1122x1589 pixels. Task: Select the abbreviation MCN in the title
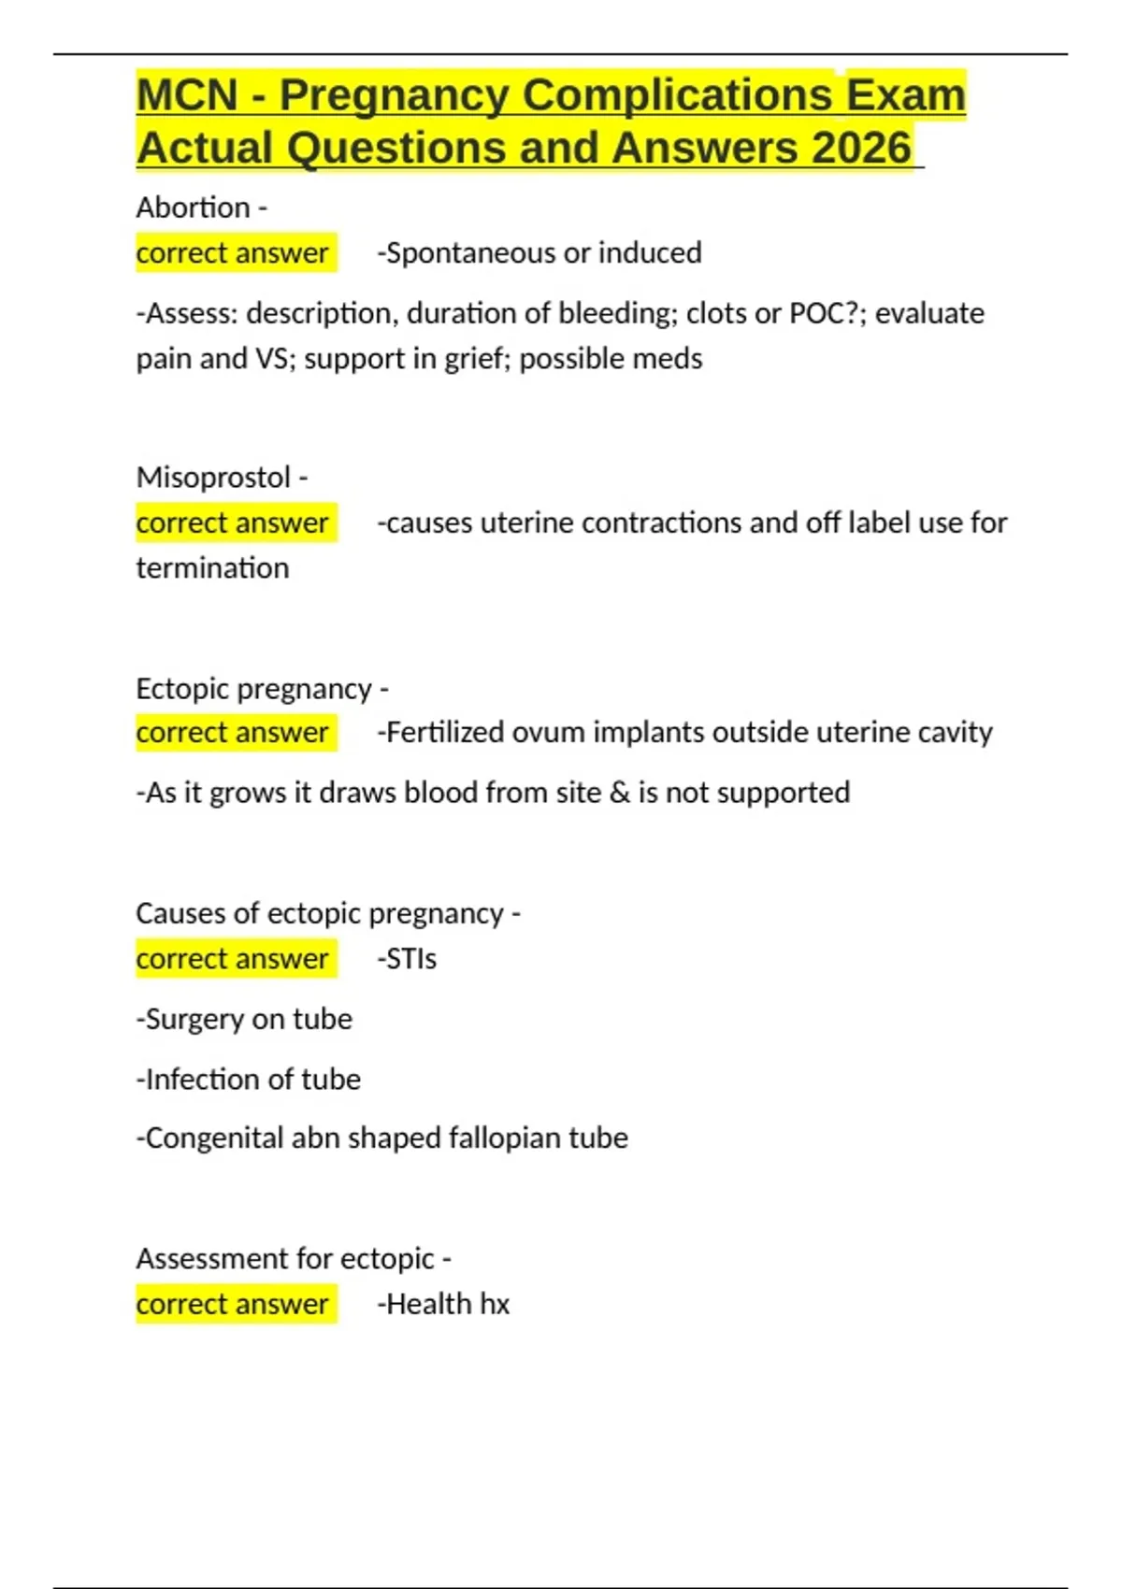(x=187, y=95)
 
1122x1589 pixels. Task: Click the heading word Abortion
(x=193, y=208)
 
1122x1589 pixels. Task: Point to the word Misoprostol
(x=213, y=478)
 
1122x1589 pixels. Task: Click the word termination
(x=212, y=568)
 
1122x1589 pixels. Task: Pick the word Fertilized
(x=444, y=733)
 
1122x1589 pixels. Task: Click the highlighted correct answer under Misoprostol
(x=232, y=523)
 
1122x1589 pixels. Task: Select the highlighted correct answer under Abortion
(x=232, y=253)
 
